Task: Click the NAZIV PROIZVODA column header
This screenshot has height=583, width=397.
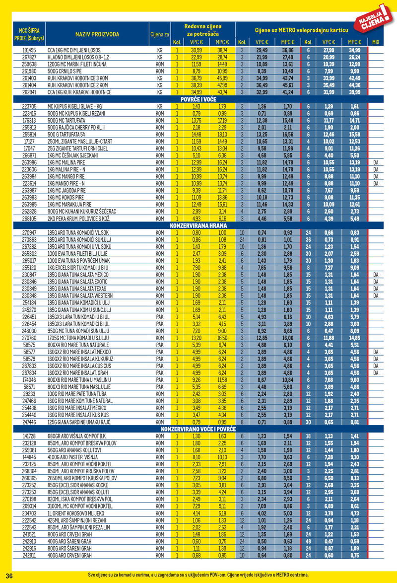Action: point(97,34)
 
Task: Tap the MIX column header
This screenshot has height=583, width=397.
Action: point(375,42)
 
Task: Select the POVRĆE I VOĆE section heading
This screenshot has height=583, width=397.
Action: point(198,99)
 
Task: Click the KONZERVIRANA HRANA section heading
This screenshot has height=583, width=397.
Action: point(198,225)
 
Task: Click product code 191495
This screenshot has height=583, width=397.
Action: point(29,51)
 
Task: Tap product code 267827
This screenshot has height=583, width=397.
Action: point(29,58)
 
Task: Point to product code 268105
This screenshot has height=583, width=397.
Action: point(29,218)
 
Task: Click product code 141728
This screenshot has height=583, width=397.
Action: point(29,436)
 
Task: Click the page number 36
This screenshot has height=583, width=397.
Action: point(9,575)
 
